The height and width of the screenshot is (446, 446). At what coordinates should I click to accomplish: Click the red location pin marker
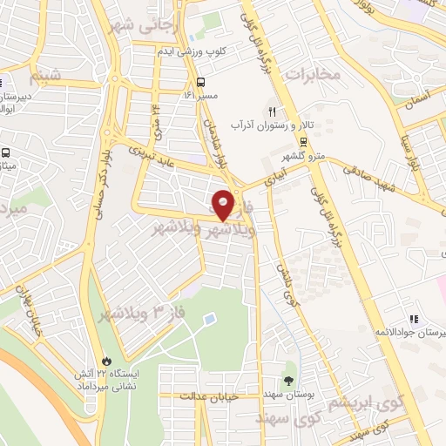tap(223, 203)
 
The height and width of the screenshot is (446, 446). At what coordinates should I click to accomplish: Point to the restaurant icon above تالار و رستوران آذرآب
tap(272, 111)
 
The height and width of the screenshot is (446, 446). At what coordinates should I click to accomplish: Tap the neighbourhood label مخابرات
tap(311, 74)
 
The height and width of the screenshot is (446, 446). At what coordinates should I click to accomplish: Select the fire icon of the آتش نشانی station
tap(106, 359)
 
